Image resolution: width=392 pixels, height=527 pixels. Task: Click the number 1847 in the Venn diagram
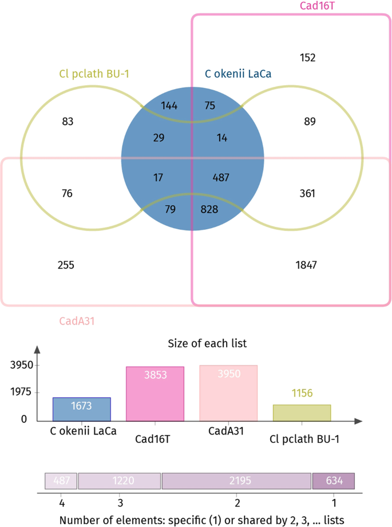click(306, 265)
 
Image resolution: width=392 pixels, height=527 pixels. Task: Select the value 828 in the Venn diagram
click(209, 209)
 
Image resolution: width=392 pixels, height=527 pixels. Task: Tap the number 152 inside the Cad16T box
click(307, 58)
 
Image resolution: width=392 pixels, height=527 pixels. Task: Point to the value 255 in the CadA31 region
click(66, 265)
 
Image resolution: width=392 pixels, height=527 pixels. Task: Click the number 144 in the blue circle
click(169, 105)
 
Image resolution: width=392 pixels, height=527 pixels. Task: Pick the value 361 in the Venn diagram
click(307, 193)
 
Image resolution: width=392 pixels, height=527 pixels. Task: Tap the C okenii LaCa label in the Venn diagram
click(238, 73)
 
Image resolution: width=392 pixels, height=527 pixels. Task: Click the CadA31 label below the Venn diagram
click(77, 321)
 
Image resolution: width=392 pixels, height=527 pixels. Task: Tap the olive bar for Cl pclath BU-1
click(302, 412)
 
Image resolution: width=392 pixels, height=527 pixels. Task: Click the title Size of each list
click(207, 344)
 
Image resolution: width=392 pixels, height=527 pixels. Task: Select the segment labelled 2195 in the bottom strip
click(237, 481)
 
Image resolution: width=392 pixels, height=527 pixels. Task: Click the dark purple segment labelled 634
click(334, 481)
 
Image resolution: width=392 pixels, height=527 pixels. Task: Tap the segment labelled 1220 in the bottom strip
click(120, 481)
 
